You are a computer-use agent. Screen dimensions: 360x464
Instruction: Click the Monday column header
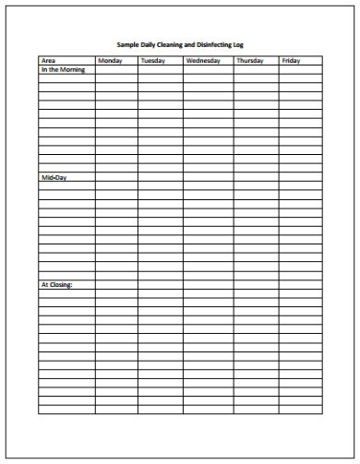(109, 61)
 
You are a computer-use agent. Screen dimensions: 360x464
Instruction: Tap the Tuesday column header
(152, 61)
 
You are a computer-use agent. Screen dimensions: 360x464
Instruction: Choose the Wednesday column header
(202, 61)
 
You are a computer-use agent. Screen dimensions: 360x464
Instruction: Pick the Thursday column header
(249, 61)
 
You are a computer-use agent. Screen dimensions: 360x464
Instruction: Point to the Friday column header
(291, 61)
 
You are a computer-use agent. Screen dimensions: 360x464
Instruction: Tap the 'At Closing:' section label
(56, 284)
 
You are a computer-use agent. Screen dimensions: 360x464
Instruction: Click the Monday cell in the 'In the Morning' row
(115, 69)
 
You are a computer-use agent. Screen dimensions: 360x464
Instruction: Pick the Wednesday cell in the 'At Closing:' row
(208, 284)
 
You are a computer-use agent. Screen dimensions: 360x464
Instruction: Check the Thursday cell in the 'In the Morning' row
(256, 69)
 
